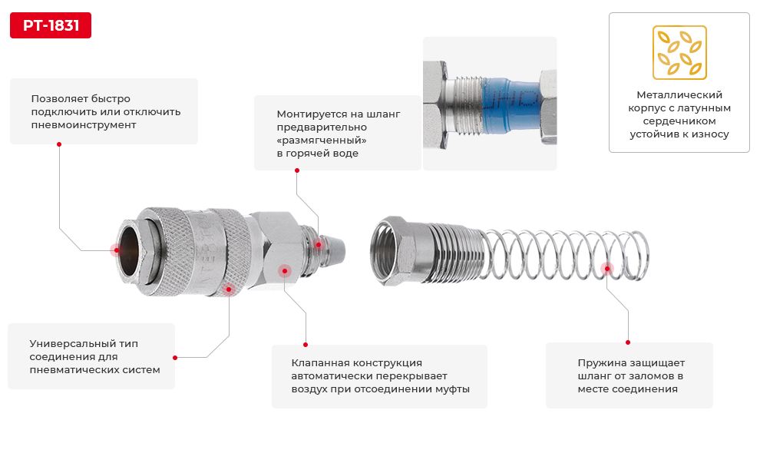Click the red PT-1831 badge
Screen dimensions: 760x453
pos(51,25)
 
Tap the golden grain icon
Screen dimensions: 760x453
pos(679,52)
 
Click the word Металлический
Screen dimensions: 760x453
pos(679,94)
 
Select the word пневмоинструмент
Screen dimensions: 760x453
pos(84,125)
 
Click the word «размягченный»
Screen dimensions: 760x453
pos(322,141)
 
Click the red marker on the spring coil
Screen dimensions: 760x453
pos(606,269)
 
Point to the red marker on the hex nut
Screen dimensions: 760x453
pos(285,270)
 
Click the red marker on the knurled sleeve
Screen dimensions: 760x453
pos(229,289)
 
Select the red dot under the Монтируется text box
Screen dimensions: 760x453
pos(296,170)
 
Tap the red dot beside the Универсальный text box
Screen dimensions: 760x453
pos(175,358)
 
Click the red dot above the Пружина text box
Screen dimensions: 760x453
pos(628,342)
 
